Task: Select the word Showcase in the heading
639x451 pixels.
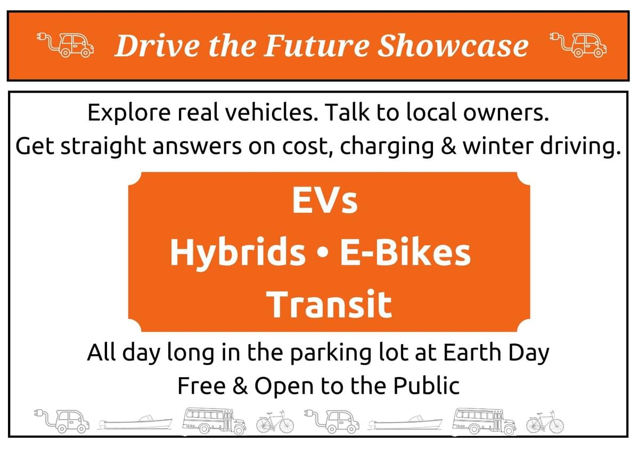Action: [453, 46]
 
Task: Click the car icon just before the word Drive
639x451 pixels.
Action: [65, 45]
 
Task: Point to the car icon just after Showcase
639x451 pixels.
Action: [578, 45]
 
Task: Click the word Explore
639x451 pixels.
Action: [129, 113]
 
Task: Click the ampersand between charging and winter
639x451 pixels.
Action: [448, 146]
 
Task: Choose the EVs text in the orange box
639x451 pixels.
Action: [325, 201]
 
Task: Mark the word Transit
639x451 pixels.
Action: [329, 304]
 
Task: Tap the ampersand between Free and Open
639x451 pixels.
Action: [240, 386]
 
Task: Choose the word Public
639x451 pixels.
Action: [427, 386]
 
